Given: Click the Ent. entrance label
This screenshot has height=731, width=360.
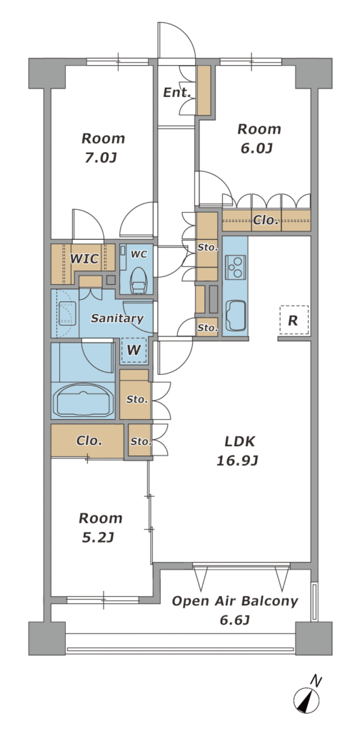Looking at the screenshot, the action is [177, 92].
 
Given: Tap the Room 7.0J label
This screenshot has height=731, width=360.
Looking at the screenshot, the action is [103, 148].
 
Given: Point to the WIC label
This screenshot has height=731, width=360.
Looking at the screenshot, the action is [84, 258].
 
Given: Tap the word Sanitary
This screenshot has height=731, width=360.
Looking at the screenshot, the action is [117, 318].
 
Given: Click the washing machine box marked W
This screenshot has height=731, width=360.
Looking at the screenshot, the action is [134, 350].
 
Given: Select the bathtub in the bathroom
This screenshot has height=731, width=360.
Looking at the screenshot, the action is [84, 399].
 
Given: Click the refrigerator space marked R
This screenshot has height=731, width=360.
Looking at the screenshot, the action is [294, 321].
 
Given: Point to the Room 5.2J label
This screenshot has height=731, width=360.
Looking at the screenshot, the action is [100, 528].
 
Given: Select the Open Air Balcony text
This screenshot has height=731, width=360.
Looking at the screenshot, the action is [234, 601].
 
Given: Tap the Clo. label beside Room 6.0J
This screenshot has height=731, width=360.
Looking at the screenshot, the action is [266, 220].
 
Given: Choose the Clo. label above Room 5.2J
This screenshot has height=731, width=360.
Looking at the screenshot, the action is [89, 440].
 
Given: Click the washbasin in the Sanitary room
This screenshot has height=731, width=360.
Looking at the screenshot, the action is [66, 313].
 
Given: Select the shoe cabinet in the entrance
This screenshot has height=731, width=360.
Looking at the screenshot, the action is [204, 91].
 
